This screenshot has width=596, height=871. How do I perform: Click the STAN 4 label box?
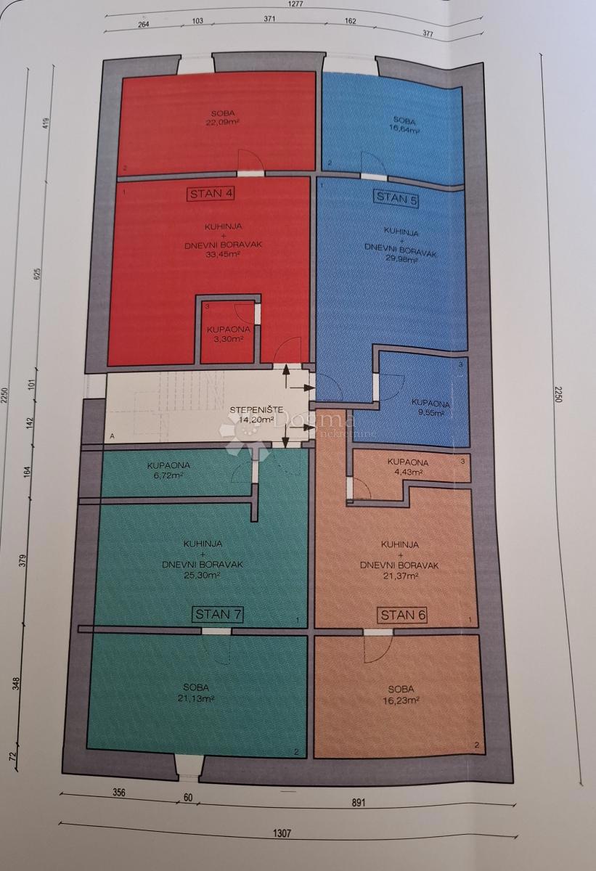pyautogui.click(x=211, y=193)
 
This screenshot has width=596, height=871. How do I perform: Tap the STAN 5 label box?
pyautogui.click(x=396, y=198)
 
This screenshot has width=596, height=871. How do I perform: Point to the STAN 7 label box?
pyautogui.click(x=218, y=614)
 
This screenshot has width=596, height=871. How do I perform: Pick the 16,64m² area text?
pyautogui.click(x=404, y=130)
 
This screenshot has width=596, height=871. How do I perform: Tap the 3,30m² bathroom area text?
pyautogui.click(x=228, y=338)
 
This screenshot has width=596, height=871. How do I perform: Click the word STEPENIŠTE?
pyautogui.click(x=250, y=409)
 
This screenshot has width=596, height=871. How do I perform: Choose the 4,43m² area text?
pyautogui.click(x=407, y=472)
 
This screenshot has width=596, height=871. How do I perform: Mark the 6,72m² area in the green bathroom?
pyautogui.click(x=168, y=475)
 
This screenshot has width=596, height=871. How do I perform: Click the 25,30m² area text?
pyautogui.click(x=203, y=574)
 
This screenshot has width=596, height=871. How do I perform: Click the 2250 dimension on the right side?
pyautogui.click(x=559, y=393)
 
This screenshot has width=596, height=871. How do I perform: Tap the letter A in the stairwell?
pyautogui.click(x=112, y=436)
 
